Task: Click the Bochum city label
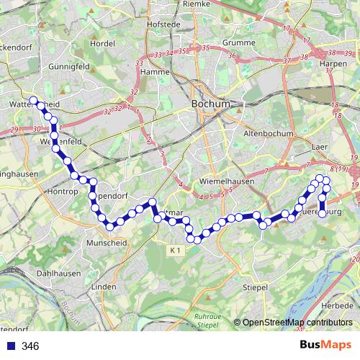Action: pyautogui.click(x=211, y=104)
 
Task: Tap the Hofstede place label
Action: pyautogui.click(x=162, y=24)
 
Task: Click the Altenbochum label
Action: pyautogui.click(x=269, y=134)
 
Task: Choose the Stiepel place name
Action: pyautogui.click(x=255, y=287)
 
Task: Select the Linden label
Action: pyautogui.click(x=104, y=287)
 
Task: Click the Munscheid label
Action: pyautogui.click(x=107, y=243)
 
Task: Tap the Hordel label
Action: pyautogui.click(x=104, y=43)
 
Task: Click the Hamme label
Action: pyautogui.click(x=155, y=72)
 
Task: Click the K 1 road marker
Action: pyautogui.click(x=177, y=249)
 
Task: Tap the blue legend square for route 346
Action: pyautogui.click(x=10, y=346)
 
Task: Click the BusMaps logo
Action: pyautogui.click(x=325, y=346)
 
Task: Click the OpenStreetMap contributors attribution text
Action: pyautogui.click(x=297, y=322)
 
